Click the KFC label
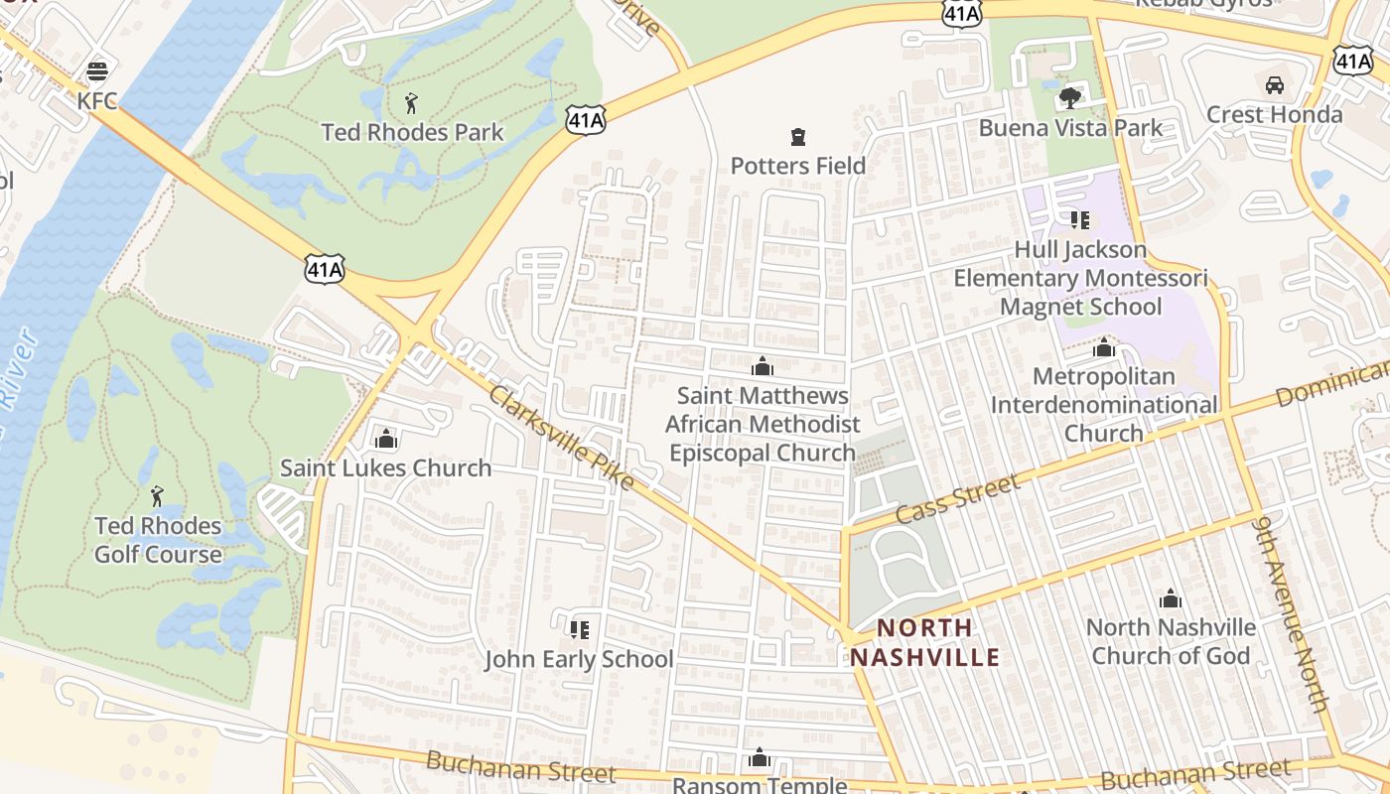click(97, 101)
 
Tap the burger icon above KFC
click(97, 70)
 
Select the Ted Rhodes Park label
click(412, 132)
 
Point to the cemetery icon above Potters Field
click(797, 136)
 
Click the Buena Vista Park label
click(1070, 128)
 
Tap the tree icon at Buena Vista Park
click(1069, 97)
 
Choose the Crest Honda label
click(1274, 114)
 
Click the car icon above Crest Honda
click(1275, 84)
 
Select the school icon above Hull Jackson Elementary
click(1079, 219)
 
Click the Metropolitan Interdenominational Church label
click(1103, 405)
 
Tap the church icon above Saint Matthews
click(762, 366)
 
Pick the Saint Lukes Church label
click(385, 467)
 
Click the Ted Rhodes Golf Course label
click(158, 539)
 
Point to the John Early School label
click(579, 659)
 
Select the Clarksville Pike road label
click(562, 437)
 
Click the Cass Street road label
click(957, 500)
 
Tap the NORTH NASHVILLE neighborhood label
click(924, 642)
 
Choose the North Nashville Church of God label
click(1171, 641)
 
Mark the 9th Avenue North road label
click(1291, 612)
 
